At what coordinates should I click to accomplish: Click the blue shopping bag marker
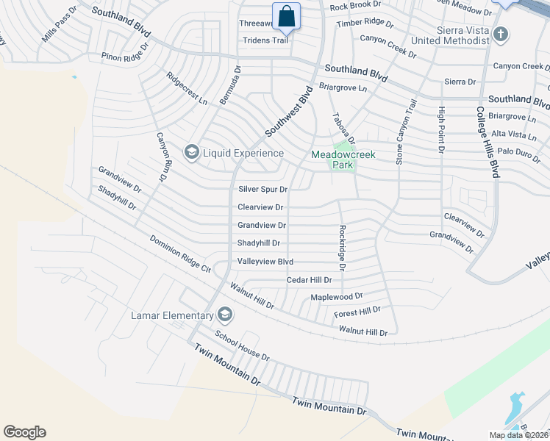coord(286,15)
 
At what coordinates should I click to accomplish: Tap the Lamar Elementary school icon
coord(225,315)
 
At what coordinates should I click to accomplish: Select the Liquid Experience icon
coord(192,153)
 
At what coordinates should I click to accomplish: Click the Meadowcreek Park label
coord(332,159)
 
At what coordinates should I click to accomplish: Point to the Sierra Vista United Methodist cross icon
coord(500,34)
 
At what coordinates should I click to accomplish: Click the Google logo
coord(24,432)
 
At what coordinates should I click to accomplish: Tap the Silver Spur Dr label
coord(262,189)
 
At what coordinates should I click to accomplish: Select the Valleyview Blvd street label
coord(265,262)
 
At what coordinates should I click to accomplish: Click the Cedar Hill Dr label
coord(309,280)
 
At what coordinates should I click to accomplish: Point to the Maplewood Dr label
coord(337,297)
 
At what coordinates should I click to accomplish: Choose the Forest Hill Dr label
coord(357,312)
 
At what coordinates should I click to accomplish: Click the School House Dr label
coord(242,343)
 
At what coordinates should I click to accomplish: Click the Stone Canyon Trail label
coord(401,132)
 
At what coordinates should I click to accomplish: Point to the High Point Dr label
coord(441,129)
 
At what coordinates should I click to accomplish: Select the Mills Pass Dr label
coord(59,25)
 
